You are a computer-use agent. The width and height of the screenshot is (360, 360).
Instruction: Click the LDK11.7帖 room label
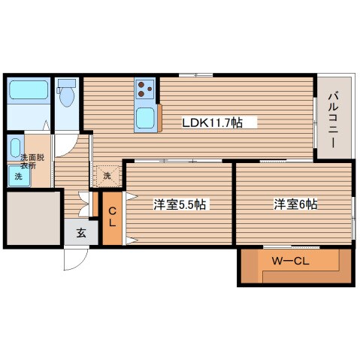(x=212, y=123)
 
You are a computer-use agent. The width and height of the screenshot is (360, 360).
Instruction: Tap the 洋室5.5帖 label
(x=180, y=204)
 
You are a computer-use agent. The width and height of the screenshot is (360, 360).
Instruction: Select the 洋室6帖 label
(x=295, y=204)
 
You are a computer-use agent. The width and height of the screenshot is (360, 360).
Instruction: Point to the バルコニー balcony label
(x=333, y=120)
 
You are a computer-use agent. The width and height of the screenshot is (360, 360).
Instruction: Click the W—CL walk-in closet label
(x=291, y=262)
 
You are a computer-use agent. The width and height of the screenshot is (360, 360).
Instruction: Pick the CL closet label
(x=112, y=217)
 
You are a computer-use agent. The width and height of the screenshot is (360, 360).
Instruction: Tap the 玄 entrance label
(x=81, y=233)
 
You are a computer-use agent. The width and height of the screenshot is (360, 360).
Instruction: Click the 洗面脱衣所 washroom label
(x=32, y=162)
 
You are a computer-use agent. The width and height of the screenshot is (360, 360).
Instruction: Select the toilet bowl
(x=67, y=97)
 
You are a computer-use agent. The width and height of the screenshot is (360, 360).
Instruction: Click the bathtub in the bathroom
(x=29, y=89)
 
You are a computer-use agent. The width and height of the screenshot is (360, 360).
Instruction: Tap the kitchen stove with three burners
(x=145, y=89)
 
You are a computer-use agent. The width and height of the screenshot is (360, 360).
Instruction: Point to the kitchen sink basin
(x=145, y=118)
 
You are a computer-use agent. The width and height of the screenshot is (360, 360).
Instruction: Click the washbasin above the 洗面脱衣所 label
(x=16, y=148)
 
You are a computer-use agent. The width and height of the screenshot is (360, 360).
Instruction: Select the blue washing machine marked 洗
(x=19, y=176)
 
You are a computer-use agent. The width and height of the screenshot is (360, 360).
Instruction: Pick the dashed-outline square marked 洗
(x=107, y=176)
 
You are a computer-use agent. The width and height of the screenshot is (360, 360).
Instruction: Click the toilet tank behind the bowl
(x=67, y=83)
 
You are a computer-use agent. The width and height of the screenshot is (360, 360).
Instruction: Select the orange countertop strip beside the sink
(x=159, y=118)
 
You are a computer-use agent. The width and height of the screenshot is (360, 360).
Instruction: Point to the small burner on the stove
(x=150, y=89)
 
